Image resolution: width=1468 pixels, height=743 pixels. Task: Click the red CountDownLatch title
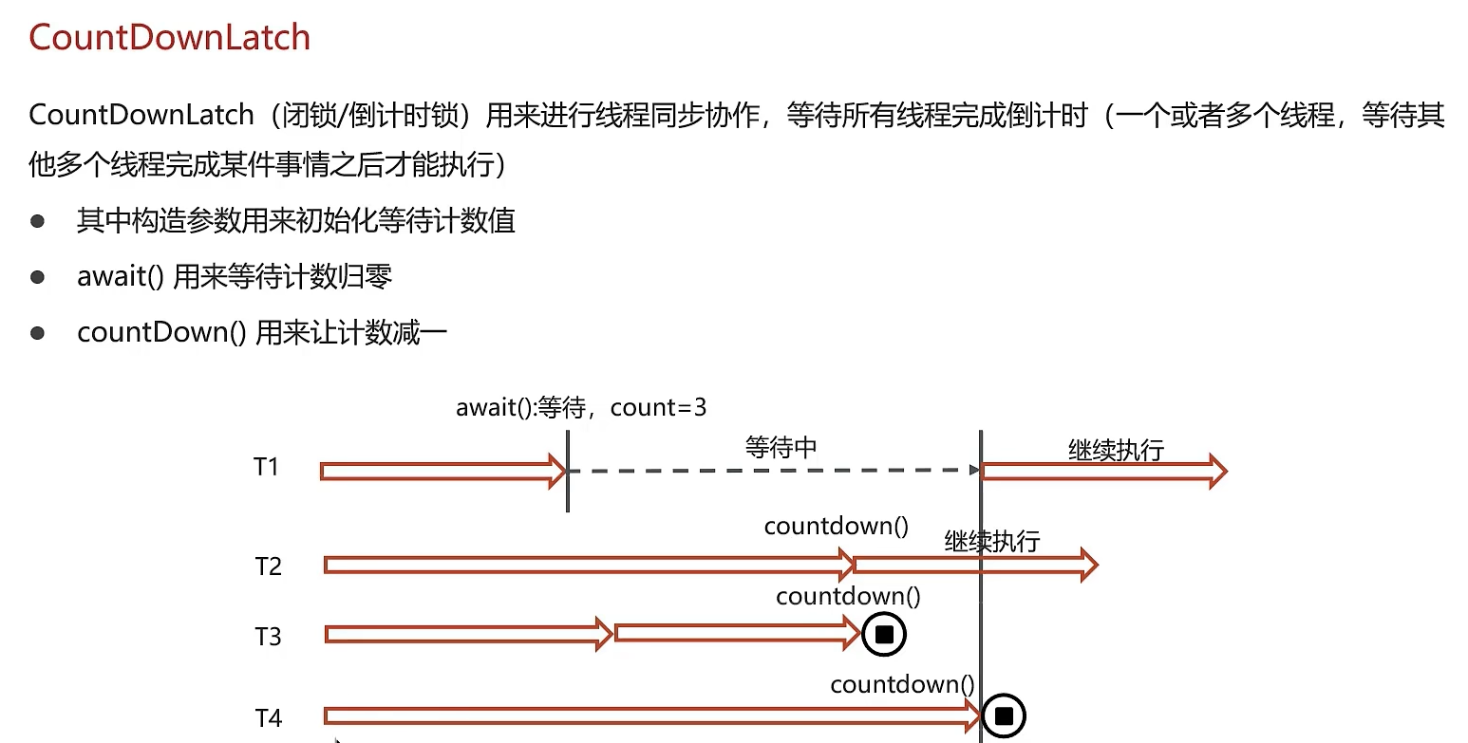coord(170,38)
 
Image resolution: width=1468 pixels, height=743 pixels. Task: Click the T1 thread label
coord(266,467)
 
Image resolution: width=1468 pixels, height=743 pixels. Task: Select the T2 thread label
coord(269,567)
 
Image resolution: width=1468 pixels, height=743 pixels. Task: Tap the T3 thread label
coord(269,636)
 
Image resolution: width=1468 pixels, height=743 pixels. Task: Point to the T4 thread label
coord(269,718)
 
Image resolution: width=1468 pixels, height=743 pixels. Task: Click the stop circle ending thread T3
coord(884,634)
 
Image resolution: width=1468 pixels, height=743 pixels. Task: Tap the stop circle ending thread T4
coord(1004,715)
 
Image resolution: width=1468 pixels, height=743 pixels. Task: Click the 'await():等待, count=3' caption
coord(581,408)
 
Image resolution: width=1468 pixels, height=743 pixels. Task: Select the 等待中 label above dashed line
coord(781,448)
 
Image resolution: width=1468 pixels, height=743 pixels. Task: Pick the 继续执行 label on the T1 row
coord(1116,450)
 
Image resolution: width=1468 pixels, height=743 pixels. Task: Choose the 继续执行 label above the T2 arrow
coord(992,542)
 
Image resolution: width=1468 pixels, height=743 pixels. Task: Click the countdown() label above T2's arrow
coord(837,526)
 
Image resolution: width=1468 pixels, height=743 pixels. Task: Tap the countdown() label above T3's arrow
coord(848,596)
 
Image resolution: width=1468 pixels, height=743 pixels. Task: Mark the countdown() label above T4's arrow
coord(902,684)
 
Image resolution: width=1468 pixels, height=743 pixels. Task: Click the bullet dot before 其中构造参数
coord(38,222)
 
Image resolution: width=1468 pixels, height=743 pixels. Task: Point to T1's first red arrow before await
coord(442,471)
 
